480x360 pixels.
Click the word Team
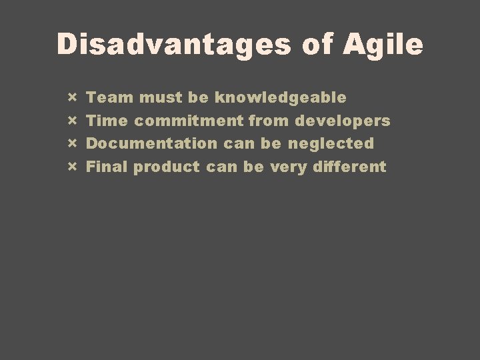tap(111, 98)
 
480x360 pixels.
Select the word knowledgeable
tap(280, 98)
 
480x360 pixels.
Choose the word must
tap(160, 98)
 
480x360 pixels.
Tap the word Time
tap(109, 121)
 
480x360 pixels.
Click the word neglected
tap(331, 143)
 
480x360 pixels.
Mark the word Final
tap(108, 166)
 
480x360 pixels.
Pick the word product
tap(166, 166)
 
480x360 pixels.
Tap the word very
tap(286, 166)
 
